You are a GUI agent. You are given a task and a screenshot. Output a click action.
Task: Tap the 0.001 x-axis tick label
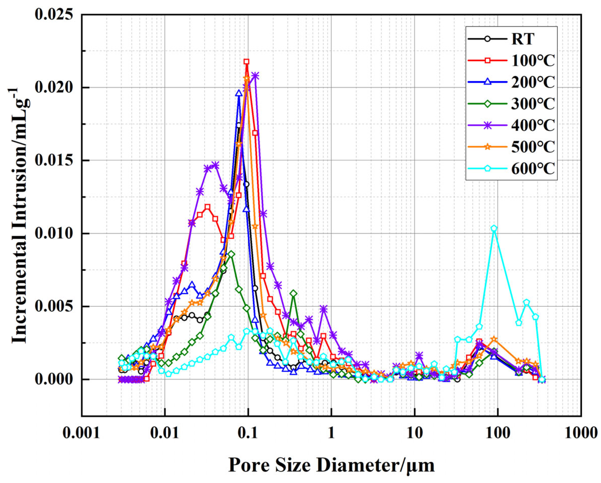pyautogui.click(x=81, y=434)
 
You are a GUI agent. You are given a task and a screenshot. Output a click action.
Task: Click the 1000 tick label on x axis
pyautogui.click(x=581, y=434)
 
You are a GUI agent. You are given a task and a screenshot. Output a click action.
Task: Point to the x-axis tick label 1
pyautogui.click(x=331, y=434)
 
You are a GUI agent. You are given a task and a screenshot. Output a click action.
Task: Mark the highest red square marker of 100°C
pyautogui.click(x=246, y=61)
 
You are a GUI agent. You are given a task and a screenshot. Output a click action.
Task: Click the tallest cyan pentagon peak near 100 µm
pyautogui.click(x=494, y=228)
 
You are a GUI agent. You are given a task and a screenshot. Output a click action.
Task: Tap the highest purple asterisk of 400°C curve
pyautogui.click(x=255, y=76)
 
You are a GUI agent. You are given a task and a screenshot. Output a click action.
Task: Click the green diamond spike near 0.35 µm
pyautogui.click(x=293, y=293)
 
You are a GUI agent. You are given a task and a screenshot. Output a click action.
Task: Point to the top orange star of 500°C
pyautogui.click(x=246, y=79)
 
